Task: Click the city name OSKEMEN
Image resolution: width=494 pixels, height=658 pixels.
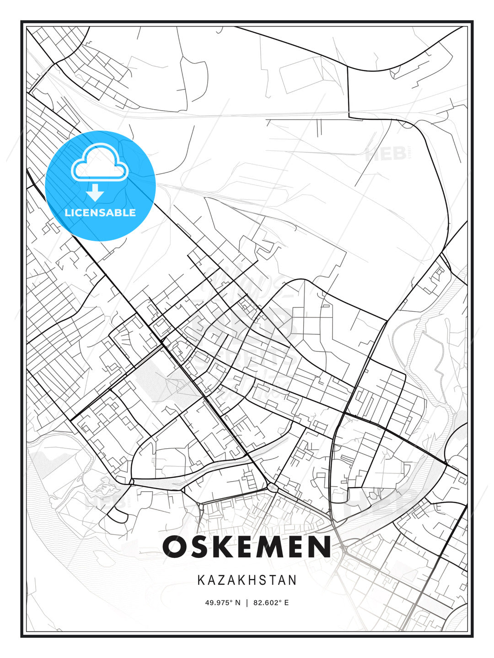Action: click(247, 547)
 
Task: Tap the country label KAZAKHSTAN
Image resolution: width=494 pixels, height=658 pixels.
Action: click(247, 580)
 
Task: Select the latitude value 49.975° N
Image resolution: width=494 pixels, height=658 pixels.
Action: click(222, 603)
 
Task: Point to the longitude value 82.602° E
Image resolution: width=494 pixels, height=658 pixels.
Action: click(271, 603)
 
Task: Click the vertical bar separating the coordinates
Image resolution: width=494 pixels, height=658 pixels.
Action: click(247, 603)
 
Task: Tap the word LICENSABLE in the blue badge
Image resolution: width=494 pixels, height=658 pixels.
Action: click(100, 212)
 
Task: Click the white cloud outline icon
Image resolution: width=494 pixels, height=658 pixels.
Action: click(99, 162)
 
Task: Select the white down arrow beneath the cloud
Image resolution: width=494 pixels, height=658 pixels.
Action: click(95, 193)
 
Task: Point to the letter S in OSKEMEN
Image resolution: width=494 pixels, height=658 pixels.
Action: click(202, 547)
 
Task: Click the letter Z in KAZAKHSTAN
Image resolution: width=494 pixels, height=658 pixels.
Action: click(221, 580)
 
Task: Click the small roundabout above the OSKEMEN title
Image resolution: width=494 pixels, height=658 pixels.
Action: click(273, 488)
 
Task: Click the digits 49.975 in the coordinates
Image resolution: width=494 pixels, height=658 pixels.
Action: click(218, 603)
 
